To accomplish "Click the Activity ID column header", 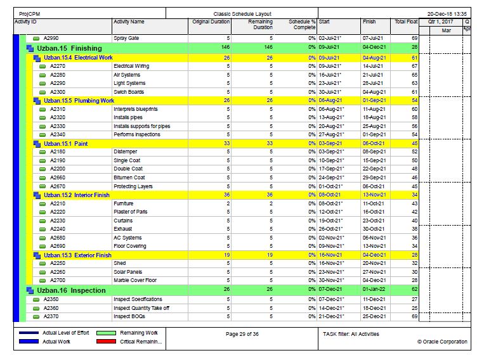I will pyautogui.click(x=26, y=22).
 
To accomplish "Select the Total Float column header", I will pyautogui.click(x=405, y=22).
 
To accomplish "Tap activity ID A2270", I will pyautogui.click(x=57, y=66).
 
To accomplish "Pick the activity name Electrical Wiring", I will pyautogui.click(x=131, y=66).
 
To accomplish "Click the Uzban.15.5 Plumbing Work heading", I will pyautogui.click(x=79, y=100).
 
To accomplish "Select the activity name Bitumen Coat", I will pyautogui.click(x=129, y=177).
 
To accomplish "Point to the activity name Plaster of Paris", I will pyautogui.click(x=131, y=212).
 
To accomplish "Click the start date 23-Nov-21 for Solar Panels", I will pyautogui.click(x=331, y=272).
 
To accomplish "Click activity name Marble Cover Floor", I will pyautogui.click(x=135, y=280).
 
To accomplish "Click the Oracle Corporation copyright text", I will pyautogui.click(x=442, y=342).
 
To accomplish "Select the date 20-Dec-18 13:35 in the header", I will pyautogui.click(x=447, y=13).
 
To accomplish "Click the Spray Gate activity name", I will pyautogui.click(x=126, y=39).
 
